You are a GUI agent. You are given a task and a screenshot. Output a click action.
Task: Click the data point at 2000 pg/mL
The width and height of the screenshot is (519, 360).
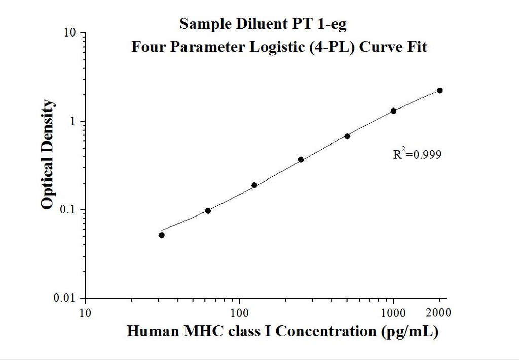tap(439, 91)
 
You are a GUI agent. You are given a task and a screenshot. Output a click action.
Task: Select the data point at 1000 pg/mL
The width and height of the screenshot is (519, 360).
tap(393, 111)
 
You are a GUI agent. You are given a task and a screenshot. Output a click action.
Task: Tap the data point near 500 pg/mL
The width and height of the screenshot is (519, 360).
tap(347, 136)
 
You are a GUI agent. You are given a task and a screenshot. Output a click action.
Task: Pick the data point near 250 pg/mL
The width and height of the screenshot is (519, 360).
tap(301, 160)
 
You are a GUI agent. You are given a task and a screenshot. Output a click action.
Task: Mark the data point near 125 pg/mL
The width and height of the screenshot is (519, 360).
tap(254, 185)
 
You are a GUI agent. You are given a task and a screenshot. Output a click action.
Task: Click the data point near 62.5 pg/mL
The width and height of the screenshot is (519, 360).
tap(208, 211)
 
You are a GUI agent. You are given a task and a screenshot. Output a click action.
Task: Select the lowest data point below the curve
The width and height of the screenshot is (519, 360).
tap(162, 235)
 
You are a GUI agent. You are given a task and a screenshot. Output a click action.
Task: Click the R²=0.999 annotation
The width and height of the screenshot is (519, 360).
tap(417, 154)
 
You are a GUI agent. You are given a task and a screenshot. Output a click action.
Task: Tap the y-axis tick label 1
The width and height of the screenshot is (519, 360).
tap(73, 122)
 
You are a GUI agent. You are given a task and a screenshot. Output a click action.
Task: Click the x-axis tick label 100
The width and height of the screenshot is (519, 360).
tap(239, 312)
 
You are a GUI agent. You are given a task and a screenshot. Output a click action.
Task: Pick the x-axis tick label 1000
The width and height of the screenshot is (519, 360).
tap(393, 312)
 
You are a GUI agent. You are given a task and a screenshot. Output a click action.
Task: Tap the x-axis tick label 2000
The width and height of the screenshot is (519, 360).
tap(439, 312)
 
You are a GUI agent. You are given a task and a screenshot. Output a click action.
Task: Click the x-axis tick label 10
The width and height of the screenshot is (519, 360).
tap(85, 312)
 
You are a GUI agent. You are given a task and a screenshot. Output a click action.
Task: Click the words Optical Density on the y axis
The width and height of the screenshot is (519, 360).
tap(47, 155)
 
